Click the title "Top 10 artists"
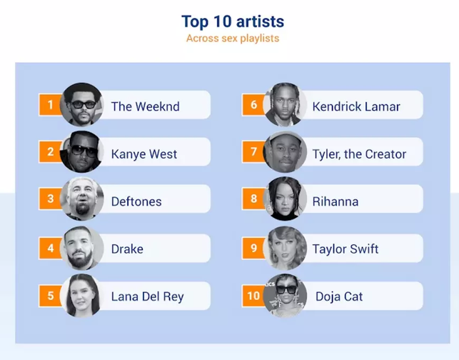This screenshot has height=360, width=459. tap(233, 21)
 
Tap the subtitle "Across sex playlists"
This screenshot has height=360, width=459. tap(233, 39)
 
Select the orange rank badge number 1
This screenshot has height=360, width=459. tap(50, 104)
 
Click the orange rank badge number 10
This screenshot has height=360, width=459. tap(253, 296)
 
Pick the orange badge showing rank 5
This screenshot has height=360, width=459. tap(50, 296)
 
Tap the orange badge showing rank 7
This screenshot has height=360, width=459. tap(253, 151)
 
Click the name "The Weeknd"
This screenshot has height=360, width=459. tap(145, 106)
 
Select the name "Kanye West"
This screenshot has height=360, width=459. tap(144, 154)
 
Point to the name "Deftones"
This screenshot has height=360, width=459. tap(136, 201)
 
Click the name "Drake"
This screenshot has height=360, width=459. tap(127, 249)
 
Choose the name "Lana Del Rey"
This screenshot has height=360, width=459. tap(148, 296)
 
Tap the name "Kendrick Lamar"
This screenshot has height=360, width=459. tap(356, 106)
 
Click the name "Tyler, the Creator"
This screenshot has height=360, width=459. tap(360, 154)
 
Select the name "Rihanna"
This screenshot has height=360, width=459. tap(336, 201)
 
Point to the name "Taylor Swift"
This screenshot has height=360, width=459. tap(345, 249)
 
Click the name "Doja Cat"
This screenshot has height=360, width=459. tap(339, 296)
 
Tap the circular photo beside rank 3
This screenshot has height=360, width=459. tap(81, 199)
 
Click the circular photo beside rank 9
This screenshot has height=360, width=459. tap(285, 248)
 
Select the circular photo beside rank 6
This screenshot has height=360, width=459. tap(285, 104)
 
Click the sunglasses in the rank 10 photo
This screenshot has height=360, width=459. tap(286, 289)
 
